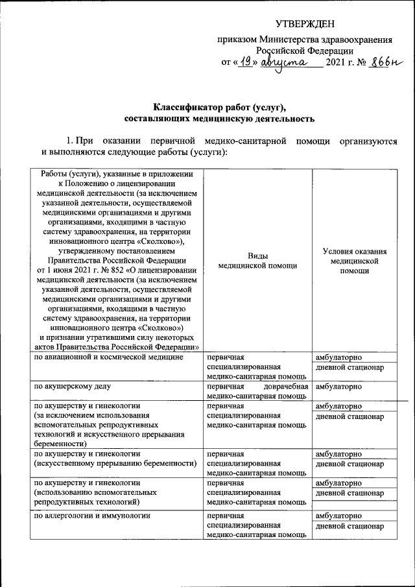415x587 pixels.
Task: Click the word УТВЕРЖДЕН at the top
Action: tap(305, 25)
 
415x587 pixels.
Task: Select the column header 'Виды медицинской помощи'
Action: tap(258, 261)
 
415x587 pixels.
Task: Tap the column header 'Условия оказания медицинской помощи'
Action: tap(354, 261)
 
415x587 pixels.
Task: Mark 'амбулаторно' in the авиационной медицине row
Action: tap(338, 357)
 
